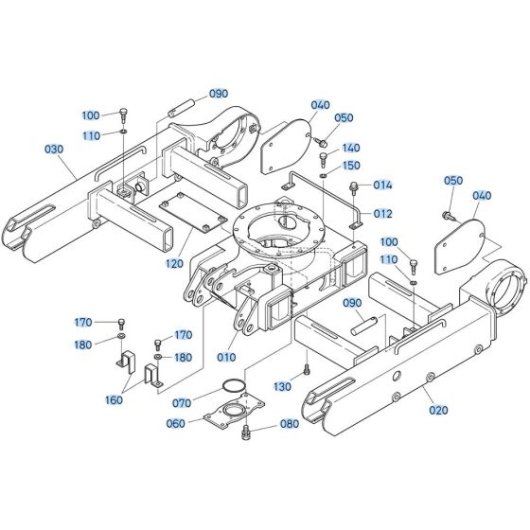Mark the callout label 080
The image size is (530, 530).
(290, 424)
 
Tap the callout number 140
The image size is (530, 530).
(351, 149)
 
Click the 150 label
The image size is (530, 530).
(351, 166)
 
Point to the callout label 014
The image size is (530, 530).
(381, 185)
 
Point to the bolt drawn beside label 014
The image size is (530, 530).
(353, 188)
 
